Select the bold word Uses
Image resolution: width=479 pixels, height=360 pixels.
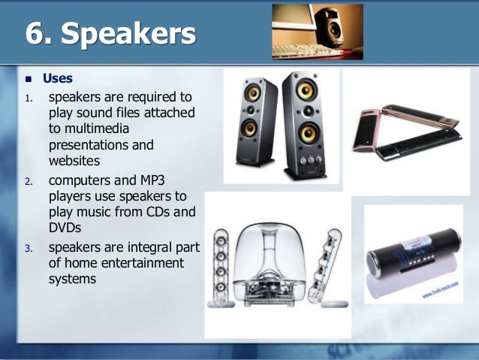58,78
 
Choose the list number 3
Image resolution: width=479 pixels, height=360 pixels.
29,248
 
